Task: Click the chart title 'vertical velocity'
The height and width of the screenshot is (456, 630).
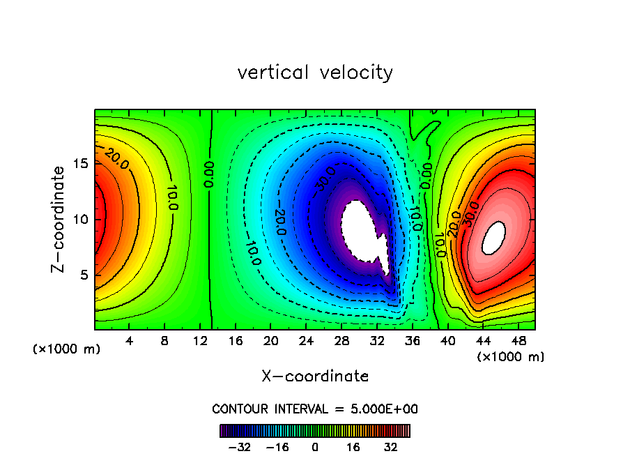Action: (x=315, y=73)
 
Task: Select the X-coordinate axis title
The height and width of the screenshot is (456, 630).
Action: (x=315, y=377)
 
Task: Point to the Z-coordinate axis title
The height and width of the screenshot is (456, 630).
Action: (x=60, y=219)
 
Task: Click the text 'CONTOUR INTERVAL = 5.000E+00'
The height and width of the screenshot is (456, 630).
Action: (x=315, y=409)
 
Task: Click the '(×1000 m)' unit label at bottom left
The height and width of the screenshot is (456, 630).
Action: (x=67, y=349)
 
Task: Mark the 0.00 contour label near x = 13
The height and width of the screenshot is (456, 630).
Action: (x=209, y=174)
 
